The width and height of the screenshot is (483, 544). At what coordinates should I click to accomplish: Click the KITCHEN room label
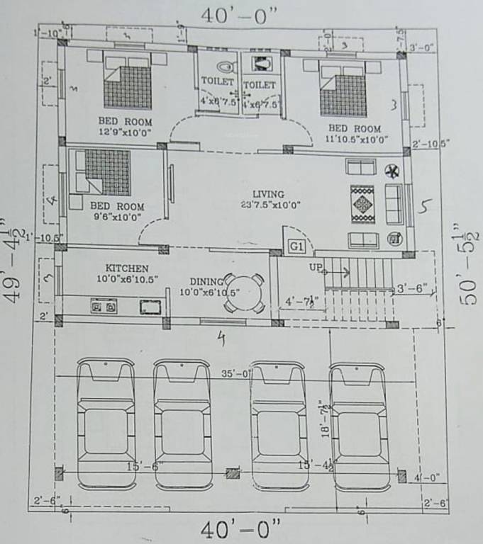coord(127,268)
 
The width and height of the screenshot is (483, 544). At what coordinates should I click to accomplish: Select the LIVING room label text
coord(268,194)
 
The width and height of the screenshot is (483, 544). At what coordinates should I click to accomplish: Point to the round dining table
coord(241,292)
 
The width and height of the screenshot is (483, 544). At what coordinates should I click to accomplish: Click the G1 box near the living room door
coord(296,246)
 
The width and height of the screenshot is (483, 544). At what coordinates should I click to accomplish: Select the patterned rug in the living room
coord(362,204)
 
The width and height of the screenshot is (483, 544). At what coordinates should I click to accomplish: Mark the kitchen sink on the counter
coord(150,307)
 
